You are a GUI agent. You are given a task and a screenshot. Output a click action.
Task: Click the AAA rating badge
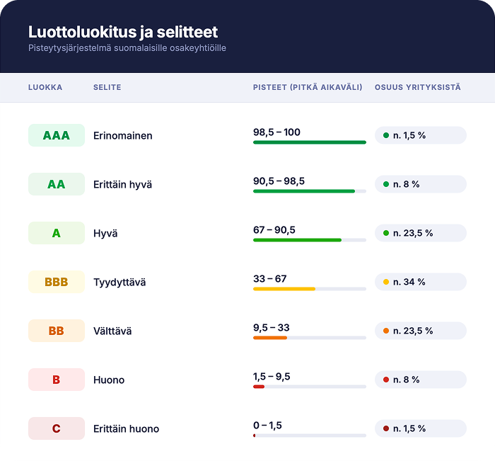pyautogui.click(x=57, y=135)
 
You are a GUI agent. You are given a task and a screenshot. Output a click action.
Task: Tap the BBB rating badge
pyautogui.click(x=57, y=282)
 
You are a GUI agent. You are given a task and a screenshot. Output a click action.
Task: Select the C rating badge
pyautogui.click(x=57, y=428)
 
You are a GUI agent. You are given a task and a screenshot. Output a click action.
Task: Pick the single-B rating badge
pyautogui.click(x=57, y=380)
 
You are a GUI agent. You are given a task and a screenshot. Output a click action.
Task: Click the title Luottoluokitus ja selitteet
pyautogui.click(x=123, y=32)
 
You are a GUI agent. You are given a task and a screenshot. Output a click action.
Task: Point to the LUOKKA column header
pyautogui.click(x=45, y=88)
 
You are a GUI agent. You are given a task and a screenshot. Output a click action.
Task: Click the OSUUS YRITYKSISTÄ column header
pyautogui.click(x=417, y=88)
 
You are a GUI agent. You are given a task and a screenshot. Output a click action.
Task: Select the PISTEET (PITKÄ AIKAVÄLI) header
pyautogui.click(x=308, y=88)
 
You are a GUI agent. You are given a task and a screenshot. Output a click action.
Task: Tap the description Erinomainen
pyautogui.click(x=123, y=136)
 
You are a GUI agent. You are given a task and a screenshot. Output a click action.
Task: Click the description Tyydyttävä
pyautogui.click(x=120, y=283)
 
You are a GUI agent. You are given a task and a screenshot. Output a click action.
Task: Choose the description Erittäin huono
pyautogui.click(x=126, y=429)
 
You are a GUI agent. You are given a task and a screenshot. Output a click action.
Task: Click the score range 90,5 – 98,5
pyautogui.click(x=279, y=181)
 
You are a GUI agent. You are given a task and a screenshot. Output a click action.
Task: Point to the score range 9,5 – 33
pyautogui.click(x=271, y=328)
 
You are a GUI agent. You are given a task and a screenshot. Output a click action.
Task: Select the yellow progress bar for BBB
pyautogui.click(x=284, y=289)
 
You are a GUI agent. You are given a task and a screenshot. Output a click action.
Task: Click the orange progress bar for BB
pyautogui.click(x=270, y=338)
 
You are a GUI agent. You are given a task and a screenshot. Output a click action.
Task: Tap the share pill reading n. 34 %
pyautogui.click(x=420, y=282)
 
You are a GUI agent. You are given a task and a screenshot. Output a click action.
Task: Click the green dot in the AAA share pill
pyautogui.click(x=386, y=135)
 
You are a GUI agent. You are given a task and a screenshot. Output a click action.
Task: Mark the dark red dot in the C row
pyautogui.click(x=386, y=428)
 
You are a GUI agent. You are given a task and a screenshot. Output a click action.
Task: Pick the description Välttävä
pyautogui.click(x=112, y=331)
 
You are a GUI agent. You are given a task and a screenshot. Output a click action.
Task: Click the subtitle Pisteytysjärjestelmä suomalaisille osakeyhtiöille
pyautogui.click(x=127, y=48)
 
